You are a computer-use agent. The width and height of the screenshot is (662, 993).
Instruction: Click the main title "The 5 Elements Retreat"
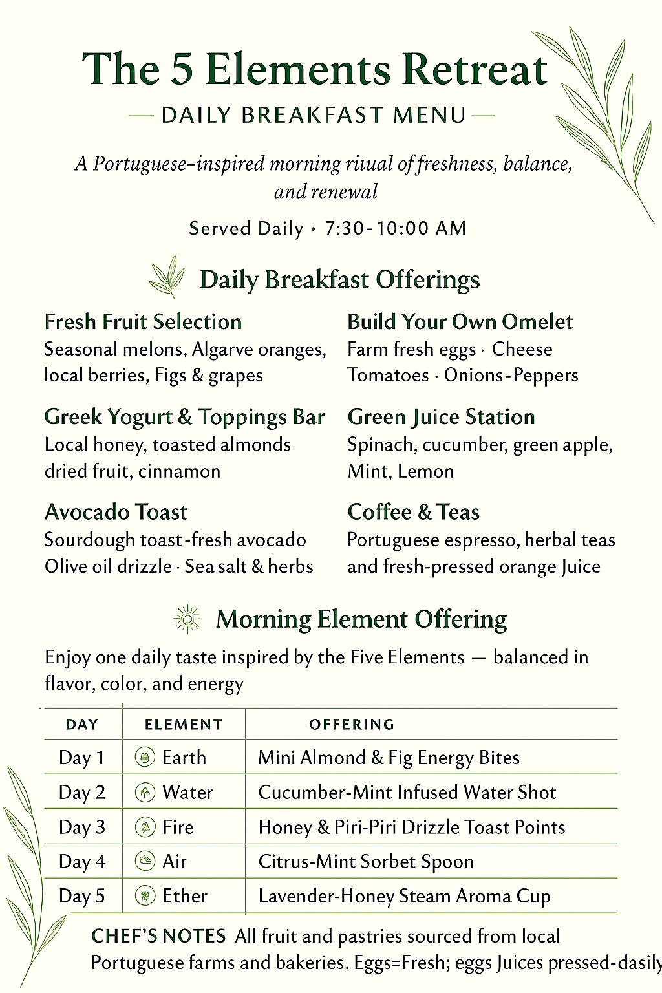click(315, 69)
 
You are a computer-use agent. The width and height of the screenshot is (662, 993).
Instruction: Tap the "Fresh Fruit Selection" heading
click(143, 322)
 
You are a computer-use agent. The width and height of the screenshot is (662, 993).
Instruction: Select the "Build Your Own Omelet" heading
click(460, 322)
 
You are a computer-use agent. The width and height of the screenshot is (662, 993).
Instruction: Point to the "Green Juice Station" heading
click(441, 417)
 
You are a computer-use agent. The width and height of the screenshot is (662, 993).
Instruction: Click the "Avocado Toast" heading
click(116, 512)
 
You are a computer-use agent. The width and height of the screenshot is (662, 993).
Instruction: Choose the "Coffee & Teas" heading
click(413, 512)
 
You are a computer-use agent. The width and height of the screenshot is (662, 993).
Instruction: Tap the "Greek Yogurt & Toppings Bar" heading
click(184, 417)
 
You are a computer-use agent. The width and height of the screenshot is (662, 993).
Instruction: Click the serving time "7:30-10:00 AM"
click(395, 228)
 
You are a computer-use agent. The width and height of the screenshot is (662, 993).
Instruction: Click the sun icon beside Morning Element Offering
click(187, 619)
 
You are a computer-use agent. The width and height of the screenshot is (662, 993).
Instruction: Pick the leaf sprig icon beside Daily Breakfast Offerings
click(167, 277)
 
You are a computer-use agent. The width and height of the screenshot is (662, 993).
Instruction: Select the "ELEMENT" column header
click(184, 725)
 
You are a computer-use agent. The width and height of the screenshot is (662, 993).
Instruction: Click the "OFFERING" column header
click(352, 725)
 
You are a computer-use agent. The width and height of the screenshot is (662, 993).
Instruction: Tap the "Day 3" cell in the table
click(82, 827)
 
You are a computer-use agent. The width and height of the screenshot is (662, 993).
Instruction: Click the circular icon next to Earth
click(145, 757)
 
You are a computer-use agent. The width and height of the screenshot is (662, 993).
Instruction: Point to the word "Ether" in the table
click(185, 896)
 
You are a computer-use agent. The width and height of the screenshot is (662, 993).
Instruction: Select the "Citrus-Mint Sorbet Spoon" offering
click(366, 862)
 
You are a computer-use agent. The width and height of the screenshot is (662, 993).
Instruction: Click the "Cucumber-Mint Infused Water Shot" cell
click(407, 793)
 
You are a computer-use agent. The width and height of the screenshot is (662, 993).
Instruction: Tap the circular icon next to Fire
click(145, 827)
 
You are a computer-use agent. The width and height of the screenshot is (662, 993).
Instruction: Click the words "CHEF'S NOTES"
click(158, 936)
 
